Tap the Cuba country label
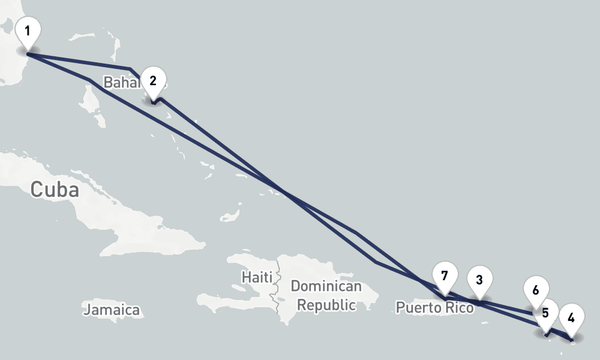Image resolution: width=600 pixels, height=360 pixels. pos(55,190)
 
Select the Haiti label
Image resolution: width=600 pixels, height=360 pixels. pos(256,277)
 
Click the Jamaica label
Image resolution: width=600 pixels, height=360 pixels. pos(112,310)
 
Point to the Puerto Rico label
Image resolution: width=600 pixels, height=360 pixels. pos(434,308)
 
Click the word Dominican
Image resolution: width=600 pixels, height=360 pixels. pos(326,286)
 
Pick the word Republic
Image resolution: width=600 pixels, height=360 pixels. pos(326,305)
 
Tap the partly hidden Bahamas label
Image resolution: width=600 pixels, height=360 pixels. pos(120,82)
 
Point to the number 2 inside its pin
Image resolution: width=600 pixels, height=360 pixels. pos(153,80)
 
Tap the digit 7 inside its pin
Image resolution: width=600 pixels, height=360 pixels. pos(444,275)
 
